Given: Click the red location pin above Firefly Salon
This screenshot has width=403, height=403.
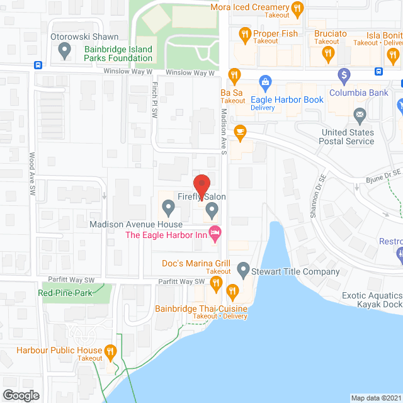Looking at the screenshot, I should pos(201,184).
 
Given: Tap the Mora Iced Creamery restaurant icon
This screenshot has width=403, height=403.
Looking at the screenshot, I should pos(298,8).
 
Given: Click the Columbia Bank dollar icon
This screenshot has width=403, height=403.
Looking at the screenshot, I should pos(344,76).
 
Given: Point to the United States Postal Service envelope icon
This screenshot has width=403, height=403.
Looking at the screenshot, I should pos(360,115).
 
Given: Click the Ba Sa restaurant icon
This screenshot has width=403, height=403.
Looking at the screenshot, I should pos(234,76).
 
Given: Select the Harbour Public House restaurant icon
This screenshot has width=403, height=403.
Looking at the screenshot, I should pos(111,351).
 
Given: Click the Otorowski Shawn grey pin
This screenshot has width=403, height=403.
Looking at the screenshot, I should pos(63,50).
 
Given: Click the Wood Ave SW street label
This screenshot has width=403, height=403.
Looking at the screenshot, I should pos(31,173).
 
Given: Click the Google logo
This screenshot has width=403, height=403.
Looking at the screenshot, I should pos(21,395).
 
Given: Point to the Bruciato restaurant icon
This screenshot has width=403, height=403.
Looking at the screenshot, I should pos(327,54).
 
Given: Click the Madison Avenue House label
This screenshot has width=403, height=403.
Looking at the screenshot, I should pos(135,224).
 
